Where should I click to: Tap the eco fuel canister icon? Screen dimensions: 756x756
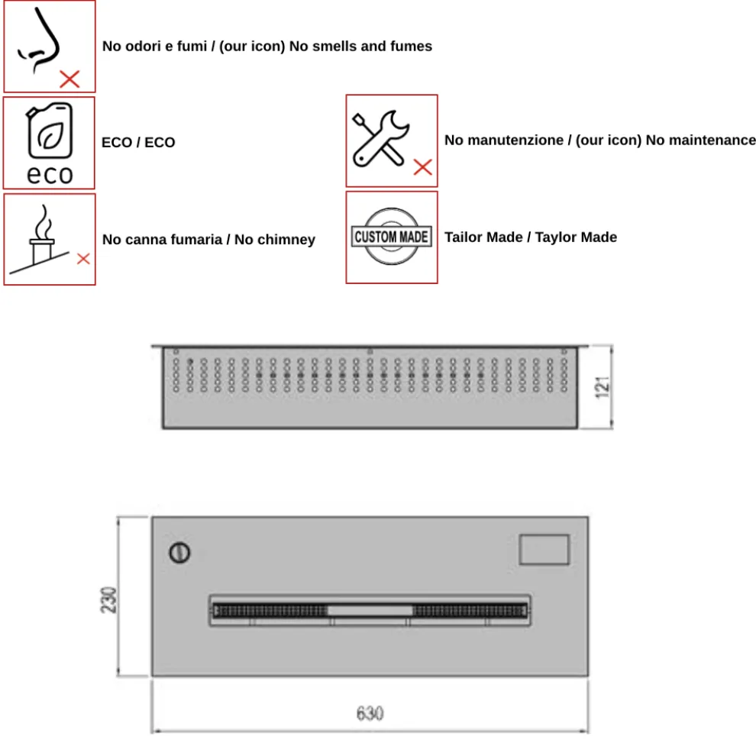pos(50,131)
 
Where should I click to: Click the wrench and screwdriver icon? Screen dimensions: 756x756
pos(379,138)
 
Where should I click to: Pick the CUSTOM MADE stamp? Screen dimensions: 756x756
pos(392,237)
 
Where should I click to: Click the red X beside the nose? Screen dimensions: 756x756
pos(69,78)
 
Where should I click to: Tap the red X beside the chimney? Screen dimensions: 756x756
pos(83,259)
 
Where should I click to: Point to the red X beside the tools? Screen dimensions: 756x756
pos(422,167)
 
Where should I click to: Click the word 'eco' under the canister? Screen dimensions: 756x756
pos(50,174)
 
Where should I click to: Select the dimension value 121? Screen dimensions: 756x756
pos(603,386)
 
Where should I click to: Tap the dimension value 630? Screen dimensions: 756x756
pos(370,714)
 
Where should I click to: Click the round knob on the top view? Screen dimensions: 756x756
pos(180,552)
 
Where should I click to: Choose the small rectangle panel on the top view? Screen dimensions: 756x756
pos(544,550)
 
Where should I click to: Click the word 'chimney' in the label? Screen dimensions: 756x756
pos(286,240)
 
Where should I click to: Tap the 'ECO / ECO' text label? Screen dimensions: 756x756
pos(138,142)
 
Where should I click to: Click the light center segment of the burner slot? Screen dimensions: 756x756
pos(370,610)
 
